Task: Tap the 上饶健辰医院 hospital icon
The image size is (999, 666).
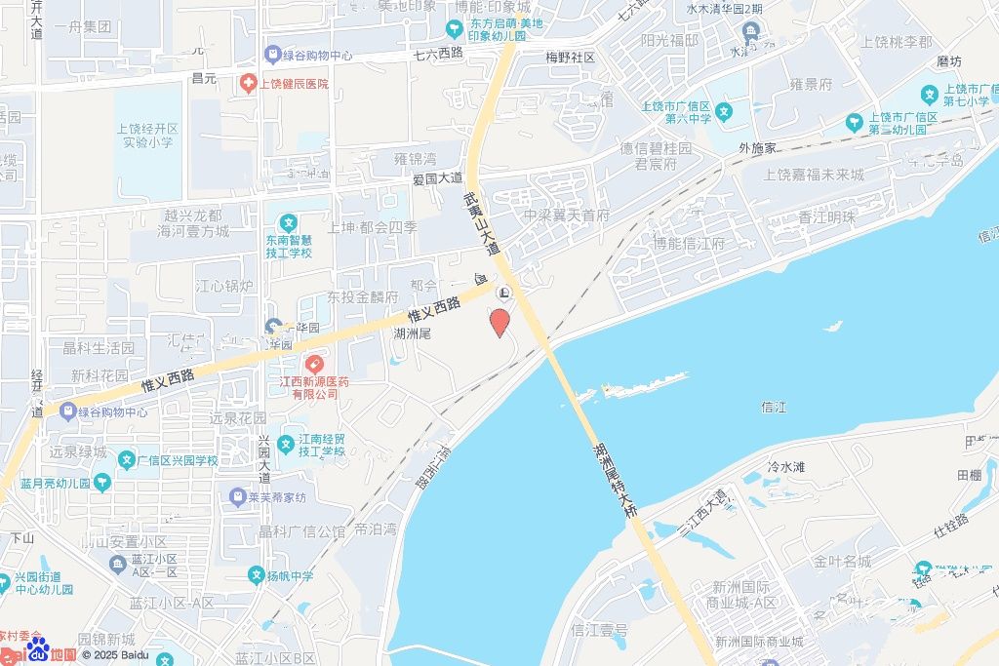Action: pos(249,84)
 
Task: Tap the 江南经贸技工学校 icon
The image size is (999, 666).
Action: pos(285,445)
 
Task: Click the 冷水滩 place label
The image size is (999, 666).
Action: pos(786,467)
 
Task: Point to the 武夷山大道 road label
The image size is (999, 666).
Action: pos(480,223)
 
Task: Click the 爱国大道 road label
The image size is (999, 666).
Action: pos(437,178)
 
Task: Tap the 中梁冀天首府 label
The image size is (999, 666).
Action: pos(566,215)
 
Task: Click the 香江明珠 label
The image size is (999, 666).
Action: pos(826,217)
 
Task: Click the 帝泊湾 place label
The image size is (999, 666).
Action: pos(375,529)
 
